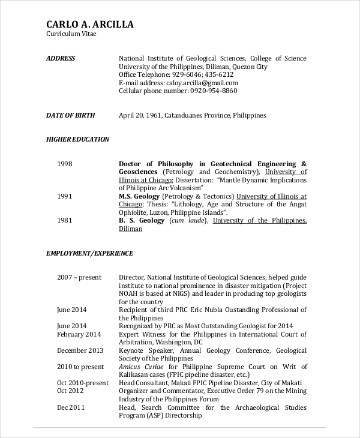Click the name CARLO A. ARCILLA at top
tap(89, 25)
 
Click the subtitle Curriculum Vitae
tap(71, 34)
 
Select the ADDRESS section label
tap(61, 58)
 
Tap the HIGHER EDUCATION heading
tap(77, 139)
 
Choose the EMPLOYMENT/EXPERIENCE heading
tap(89, 253)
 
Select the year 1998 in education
tap(65, 164)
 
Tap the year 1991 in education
tap(65, 196)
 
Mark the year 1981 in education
tap(65, 220)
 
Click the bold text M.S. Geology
tap(139, 196)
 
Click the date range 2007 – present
tap(79, 277)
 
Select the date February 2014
tap(79, 334)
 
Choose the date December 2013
tap(80, 350)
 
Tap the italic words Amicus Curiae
tap(142, 367)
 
